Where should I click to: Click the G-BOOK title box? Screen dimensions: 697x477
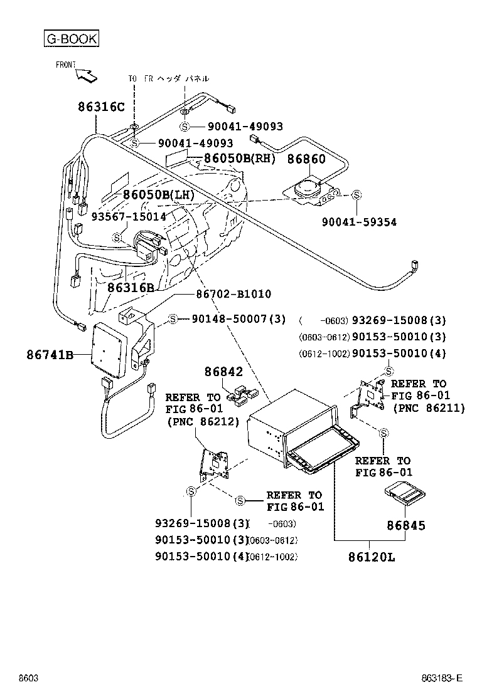pos(71,39)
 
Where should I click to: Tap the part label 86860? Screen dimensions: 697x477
pos(306,159)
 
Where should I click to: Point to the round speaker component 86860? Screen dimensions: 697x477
pos(308,187)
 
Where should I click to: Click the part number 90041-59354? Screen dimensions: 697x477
pos(359,222)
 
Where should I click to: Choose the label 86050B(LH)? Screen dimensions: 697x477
pos(158,194)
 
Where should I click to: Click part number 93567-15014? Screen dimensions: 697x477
pos(129,216)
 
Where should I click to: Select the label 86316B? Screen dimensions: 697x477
pos(131,288)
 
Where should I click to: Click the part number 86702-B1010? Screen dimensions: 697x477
pos(233,293)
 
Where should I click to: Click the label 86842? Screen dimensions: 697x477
pos(223,372)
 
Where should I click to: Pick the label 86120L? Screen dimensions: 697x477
pos(370,557)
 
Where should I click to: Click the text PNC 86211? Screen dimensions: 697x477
pos(429,408)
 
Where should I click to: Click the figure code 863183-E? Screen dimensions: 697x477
pos(441,678)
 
